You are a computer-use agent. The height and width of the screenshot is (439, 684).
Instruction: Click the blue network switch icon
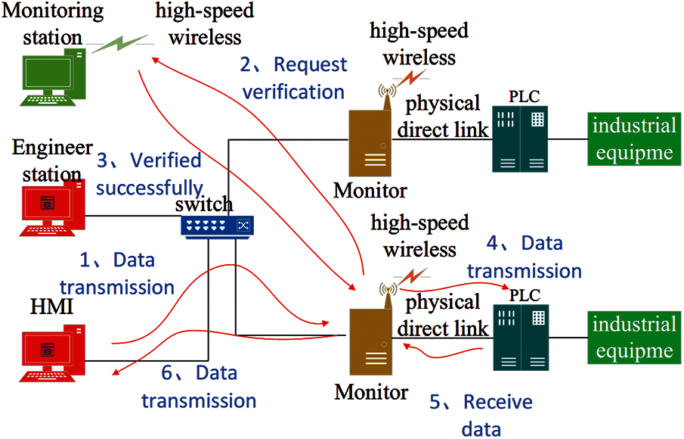[217, 225]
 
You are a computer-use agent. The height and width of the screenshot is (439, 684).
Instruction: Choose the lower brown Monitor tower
[368, 342]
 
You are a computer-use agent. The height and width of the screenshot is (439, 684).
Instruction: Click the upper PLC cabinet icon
[520, 139]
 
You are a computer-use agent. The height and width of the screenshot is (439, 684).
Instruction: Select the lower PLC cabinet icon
[520, 338]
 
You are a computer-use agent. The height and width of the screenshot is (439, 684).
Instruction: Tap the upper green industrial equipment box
[633, 139]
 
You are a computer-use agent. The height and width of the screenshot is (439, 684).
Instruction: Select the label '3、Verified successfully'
[150, 173]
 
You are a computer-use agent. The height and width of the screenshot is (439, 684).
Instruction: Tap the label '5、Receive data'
[481, 415]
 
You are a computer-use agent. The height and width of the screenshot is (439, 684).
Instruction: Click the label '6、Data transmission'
[198, 387]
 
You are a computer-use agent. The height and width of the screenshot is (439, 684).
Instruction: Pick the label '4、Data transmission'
[524, 256]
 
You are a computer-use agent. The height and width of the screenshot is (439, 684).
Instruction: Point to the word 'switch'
[204, 204]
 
